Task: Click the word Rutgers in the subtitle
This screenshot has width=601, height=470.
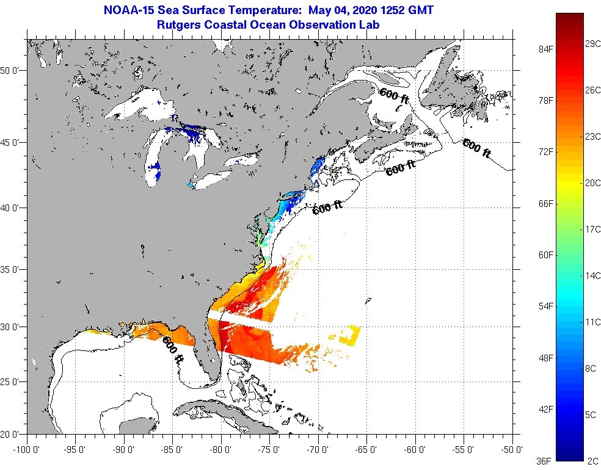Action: click(179, 25)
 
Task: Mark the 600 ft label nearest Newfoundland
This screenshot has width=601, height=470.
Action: click(477, 149)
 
